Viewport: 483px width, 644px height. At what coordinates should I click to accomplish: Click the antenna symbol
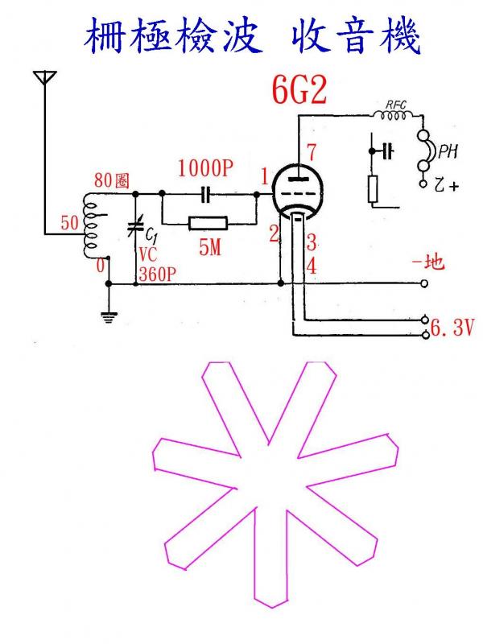(45, 77)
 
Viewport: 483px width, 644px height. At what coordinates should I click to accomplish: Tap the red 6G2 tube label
(299, 91)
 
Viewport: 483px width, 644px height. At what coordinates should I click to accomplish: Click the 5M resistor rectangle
(208, 224)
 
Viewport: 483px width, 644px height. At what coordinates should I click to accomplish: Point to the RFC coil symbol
(394, 115)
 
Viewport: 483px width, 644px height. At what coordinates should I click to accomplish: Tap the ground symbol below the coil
(109, 317)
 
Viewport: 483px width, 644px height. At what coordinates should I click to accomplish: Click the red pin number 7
(312, 152)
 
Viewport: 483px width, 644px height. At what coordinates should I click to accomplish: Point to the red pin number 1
(265, 177)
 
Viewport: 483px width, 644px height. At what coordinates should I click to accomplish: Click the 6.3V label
(452, 328)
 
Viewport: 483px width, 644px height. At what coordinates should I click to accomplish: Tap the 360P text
(158, 274)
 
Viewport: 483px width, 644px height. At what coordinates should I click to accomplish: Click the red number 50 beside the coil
(69, 223)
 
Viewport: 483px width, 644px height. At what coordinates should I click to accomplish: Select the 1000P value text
(205, 167)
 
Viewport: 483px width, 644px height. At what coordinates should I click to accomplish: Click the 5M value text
(210, 247)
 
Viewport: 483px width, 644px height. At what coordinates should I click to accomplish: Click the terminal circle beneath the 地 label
(424, 283)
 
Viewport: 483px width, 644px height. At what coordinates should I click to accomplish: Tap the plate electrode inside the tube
(297, 179)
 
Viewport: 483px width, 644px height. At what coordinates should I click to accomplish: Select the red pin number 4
(312, 266)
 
